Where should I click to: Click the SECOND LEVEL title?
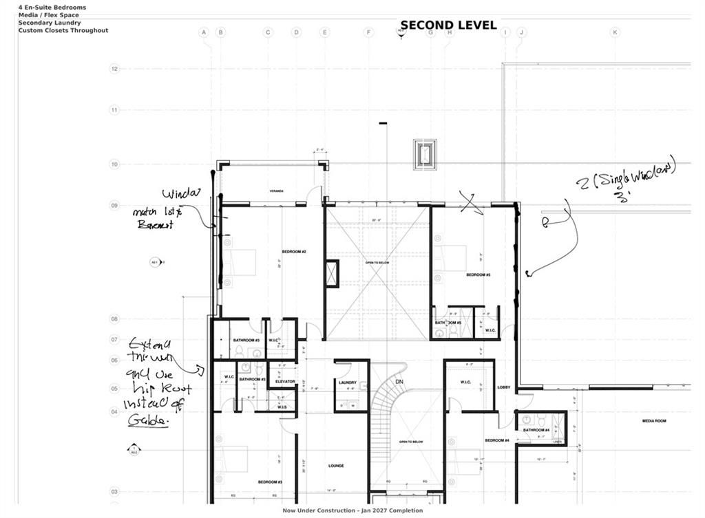[448, 25]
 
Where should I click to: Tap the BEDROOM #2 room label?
[293, 252]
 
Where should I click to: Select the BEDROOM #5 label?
[478, 275]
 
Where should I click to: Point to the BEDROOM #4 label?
[496, 440]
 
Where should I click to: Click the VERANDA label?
[277, 191]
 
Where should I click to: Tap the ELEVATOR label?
[286, 382]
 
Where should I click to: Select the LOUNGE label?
[336, 466]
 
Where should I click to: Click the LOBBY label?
[503, 387]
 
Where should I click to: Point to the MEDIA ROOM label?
[655, 420]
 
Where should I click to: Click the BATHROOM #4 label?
[536, 430]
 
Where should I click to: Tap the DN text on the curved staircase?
[399, 382]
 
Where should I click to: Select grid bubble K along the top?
[615, 32]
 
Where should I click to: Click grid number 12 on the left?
[114, 69]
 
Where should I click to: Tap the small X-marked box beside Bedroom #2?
[333, 274]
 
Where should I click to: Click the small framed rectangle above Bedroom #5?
[424, 153]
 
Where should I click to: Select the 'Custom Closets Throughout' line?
[63, 30]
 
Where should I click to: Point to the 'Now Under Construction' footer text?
[352, 510]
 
